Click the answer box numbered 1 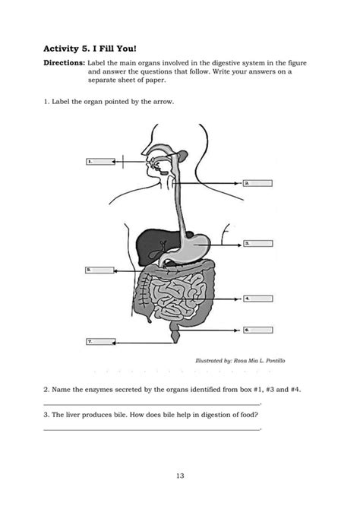pyautogui.click(x=99, y=162)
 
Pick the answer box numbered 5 pyautogui.click(x=99, y=269)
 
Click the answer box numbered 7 pyautogui.click(x=99, y=342)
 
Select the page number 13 pyautogui.click(x=180, y=476)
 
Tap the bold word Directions pyautogui.click(x=64, y=62)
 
